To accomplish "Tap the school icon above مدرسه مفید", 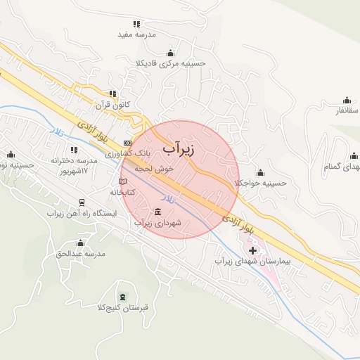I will [x=136, y=24].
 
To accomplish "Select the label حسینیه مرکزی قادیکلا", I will [x=171, y=63].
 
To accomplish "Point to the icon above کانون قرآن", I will [x=112, y=94].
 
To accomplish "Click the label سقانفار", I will [x=347, y=110].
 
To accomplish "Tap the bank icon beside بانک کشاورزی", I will [x=127, y=143].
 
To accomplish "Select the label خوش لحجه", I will [x=145, y=169].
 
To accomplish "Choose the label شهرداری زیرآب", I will [x=158, y=223].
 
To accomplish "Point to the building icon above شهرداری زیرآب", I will [x=157, y=212].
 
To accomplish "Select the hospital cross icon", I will [x=253, y=250].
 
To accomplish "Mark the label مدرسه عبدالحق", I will [x=80, y=252].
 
